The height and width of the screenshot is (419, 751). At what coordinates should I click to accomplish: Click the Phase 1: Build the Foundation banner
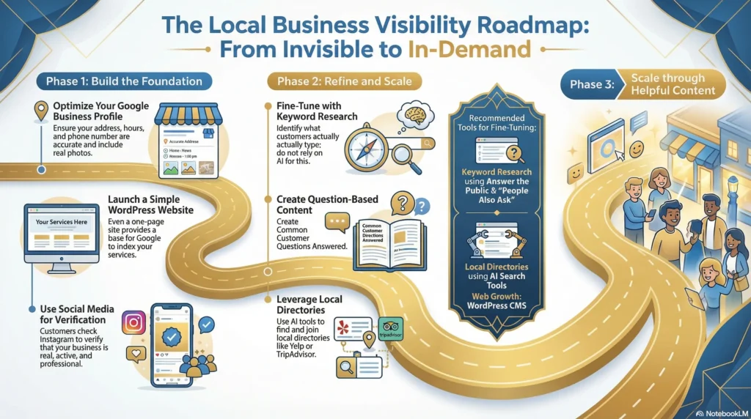(x=124, y=81)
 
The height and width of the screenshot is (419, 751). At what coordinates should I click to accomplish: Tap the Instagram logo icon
(x=133, y=322)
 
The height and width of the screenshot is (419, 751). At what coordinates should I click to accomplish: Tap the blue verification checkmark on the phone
(x=172, y=335)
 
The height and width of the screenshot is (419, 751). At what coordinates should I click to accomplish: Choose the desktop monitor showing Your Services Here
(x=62, y=232)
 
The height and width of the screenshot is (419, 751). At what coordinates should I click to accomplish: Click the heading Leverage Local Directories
(x=309, y=305)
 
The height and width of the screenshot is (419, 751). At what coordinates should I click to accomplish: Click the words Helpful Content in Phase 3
(x=671, y=91)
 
